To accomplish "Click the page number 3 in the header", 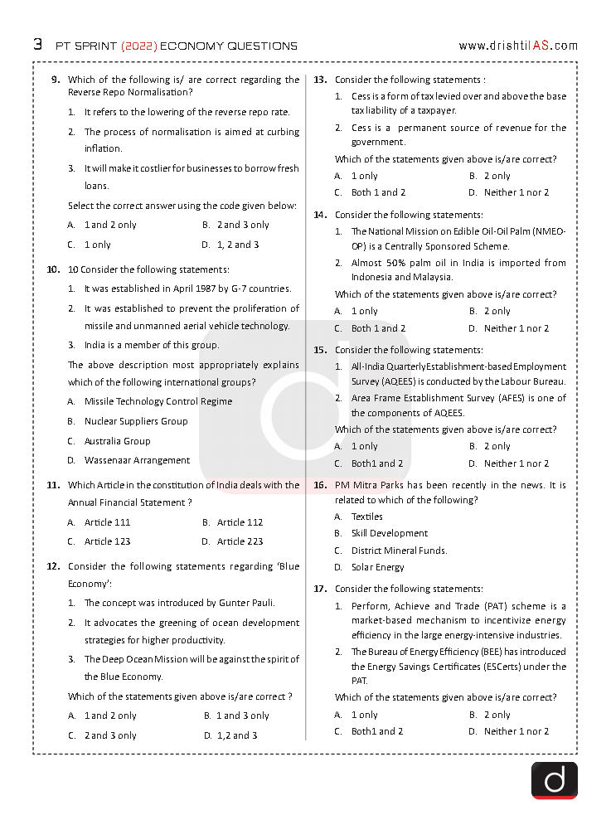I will coord(38,45).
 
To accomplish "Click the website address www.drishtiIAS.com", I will coord(517,46).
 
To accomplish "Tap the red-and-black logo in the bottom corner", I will coord(554,780).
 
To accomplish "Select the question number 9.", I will coord(56,80).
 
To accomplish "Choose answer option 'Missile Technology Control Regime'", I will coord(158,401).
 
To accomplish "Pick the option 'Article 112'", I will coord(240,522).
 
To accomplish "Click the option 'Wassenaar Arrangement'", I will coord(137,460).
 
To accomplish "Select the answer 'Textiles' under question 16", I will coord(366,517).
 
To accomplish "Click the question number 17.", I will coord(320,589).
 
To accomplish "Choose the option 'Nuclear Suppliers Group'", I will coord(136,421).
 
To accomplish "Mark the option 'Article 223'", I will coord(240,541).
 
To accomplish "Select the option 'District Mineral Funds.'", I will coord(399,551).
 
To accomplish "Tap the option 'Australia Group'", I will coord(117,441).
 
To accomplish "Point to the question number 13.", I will coord(320,80).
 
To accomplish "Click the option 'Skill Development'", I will coord(390,533).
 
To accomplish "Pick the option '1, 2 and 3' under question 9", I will coord(238,245).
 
